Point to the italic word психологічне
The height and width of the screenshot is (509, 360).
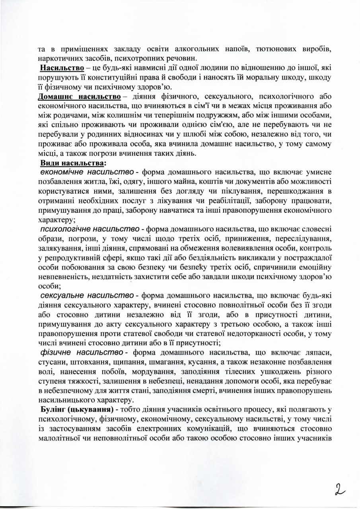pyautogui.click(x=64, y=229)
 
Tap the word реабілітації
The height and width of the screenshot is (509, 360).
pyautogui.click(x=227, y=202)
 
